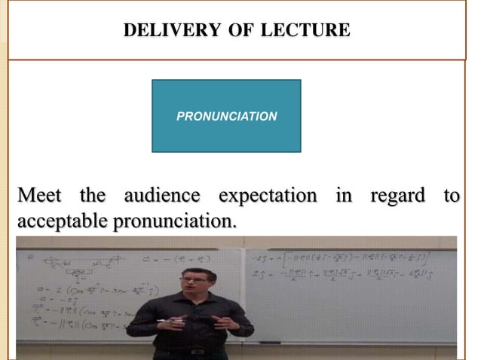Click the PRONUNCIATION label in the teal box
click(226, 117)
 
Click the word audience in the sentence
click(161, 196)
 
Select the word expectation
click(268, 197)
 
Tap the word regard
click(398, 197)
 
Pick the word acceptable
click(63, 223)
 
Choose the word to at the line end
click(451, 196)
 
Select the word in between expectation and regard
click(344, 196)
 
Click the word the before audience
click(93, 196)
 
